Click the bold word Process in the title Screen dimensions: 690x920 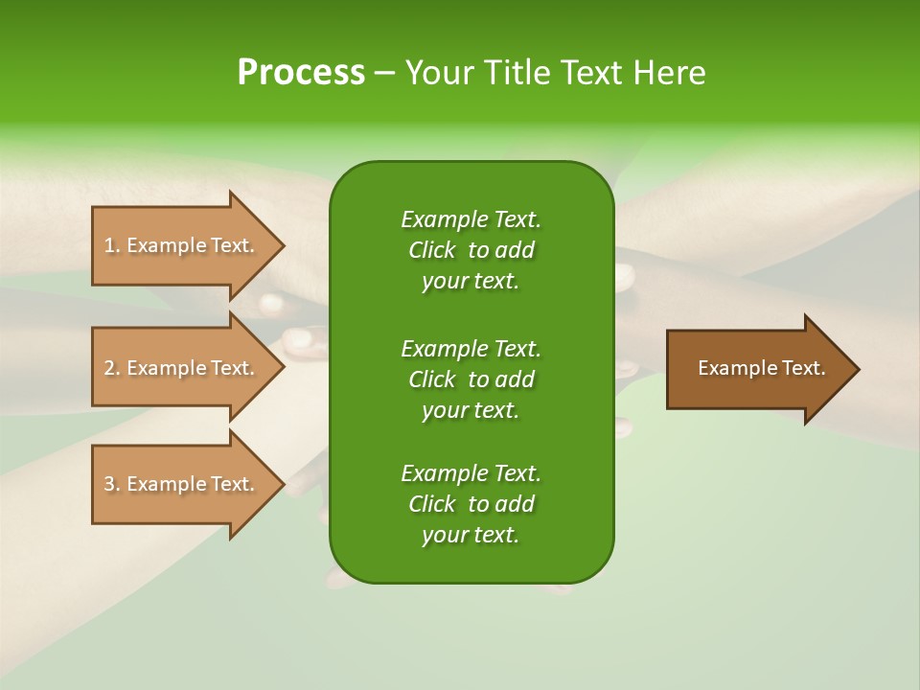301,73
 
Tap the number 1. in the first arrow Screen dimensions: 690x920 112,245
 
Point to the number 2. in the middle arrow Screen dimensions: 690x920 112,368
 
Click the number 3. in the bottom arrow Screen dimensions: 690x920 112,484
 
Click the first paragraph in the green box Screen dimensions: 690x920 471,250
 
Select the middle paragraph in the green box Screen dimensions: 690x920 471,379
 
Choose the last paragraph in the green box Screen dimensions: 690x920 471,504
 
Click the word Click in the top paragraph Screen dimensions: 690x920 432,250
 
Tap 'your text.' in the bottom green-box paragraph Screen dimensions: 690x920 471,535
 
